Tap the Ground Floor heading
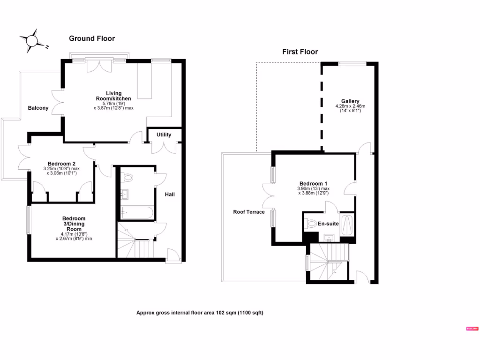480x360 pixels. click(x=92, y=38)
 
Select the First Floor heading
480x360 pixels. click(x=300, y=52)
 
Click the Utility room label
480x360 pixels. click(x=164, y=135)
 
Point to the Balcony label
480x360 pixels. click(x=38, y=108)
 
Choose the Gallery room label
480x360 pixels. click(x=350, y=101)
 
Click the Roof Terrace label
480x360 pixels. click(x=249, y=212)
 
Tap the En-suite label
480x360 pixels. click(x=329, y=224)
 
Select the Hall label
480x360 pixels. click(x=170, y=194)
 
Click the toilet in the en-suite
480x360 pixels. click(x=311, y=224)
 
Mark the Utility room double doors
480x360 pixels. click(x=164, y=148)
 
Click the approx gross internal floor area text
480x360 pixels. click(x=200, y=313)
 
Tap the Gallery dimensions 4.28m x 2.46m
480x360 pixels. click(x=350, y=109)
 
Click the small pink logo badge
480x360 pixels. click(x=471, y=329)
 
